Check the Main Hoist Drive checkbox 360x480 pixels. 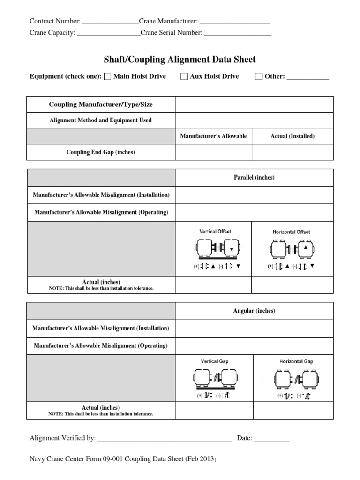point(107,77)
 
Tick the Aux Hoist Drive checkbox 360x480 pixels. point(184,77)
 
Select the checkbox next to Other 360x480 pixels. point(259,77)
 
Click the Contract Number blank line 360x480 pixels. point(110,22)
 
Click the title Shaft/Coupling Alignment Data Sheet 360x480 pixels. point(180,60)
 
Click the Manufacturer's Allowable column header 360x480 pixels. point(213,136)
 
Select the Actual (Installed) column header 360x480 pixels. point(292,136)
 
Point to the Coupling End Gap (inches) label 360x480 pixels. point(101,152)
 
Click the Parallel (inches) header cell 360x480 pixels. point(254,178)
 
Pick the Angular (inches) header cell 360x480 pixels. point(254,311)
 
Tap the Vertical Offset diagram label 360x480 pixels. point(215,232)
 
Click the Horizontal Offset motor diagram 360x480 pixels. point(292,249)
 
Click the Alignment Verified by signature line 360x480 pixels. point(165,439)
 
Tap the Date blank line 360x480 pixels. point(272,439)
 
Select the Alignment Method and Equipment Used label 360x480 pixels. point(101,120)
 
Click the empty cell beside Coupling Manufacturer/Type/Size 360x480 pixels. point(254,104)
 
